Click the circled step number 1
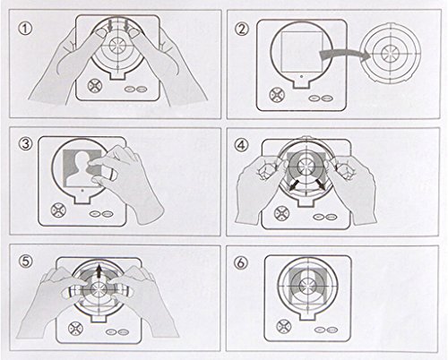tap(26, 29)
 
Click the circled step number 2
tap(241, 29)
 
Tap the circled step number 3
tap(26, 144)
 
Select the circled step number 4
tap(241, 145)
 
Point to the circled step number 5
tap(26, 261)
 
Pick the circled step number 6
tap(241, 262)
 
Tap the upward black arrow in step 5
tap(99, 272)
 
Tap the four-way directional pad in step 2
tap(275, 94)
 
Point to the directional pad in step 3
tap(57, 210)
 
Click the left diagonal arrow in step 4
tap(295, 184)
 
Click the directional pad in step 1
tap(94, 86)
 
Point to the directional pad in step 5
tap(74, 329)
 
